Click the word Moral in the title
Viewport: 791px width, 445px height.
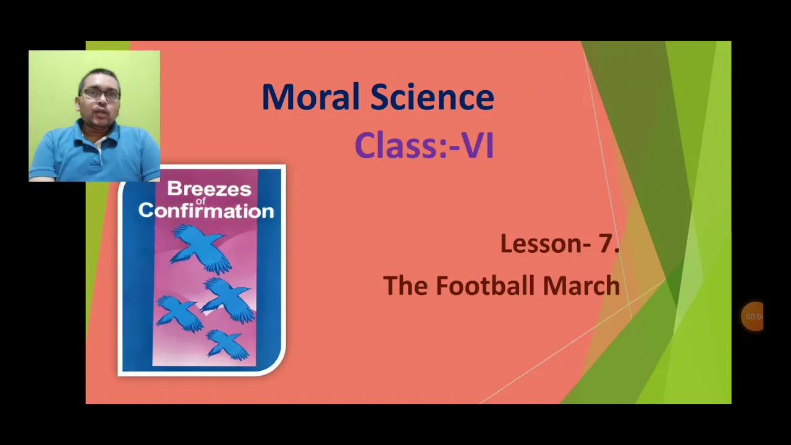point(310,97)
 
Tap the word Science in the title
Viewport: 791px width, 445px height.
point(432,97)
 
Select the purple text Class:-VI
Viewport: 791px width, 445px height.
point(424,145)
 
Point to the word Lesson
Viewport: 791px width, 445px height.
point(541,244)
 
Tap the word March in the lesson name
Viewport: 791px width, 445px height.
point(582,286)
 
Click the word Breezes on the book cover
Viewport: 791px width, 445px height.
point(209,189)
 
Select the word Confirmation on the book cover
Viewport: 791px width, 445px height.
point(206,211)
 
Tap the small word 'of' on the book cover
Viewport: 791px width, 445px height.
point(201,201)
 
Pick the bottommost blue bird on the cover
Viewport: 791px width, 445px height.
point(227,345)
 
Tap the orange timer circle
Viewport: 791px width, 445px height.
point(752,316)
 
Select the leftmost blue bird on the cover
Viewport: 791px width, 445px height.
point(179,313)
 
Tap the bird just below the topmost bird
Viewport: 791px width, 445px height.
point(228,300)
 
